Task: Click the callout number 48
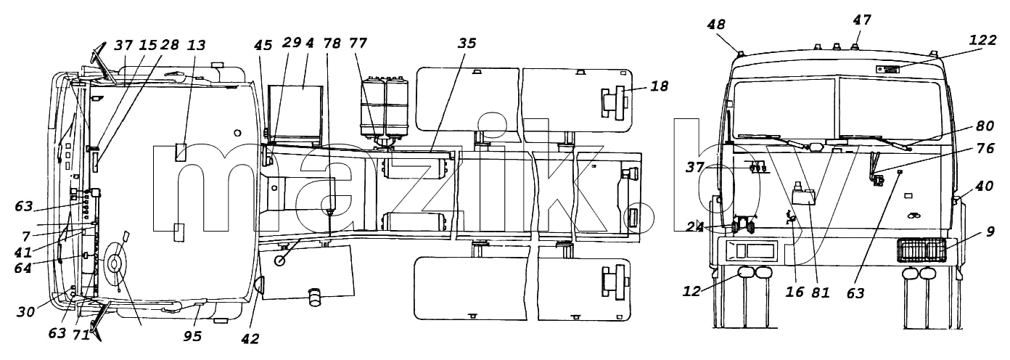pyautogui.click(x=716, y=25)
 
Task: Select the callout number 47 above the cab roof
pyautogui.click(x=862, y=20)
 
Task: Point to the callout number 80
pyautogui.click(x=985, y=126)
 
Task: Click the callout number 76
pyautogui.click(x=985, y=148)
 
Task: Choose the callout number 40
pyautogui.click(x=985, y=186)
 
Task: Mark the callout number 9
pyautogui.click(x=990, y=232)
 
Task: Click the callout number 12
pyautogui.click(x=691, y=291)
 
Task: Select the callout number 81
pyautogui.click(x=820, y=292)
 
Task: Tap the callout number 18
pyautogui.click(x=659, y=86)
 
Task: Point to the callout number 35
pyautogui.click(x=467, y=44)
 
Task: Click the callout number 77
pyautogui.click(x=358, y=44)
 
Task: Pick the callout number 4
pyautogui.click(x=309, y=44)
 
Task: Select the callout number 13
pyautogui.click(x=196, y=45)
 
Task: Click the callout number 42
pyautogui.click(x=250, y=338)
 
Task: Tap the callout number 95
pyautogui.click(x=192, y=336)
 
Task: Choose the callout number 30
pyautogui.click(x=25, y=311)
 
